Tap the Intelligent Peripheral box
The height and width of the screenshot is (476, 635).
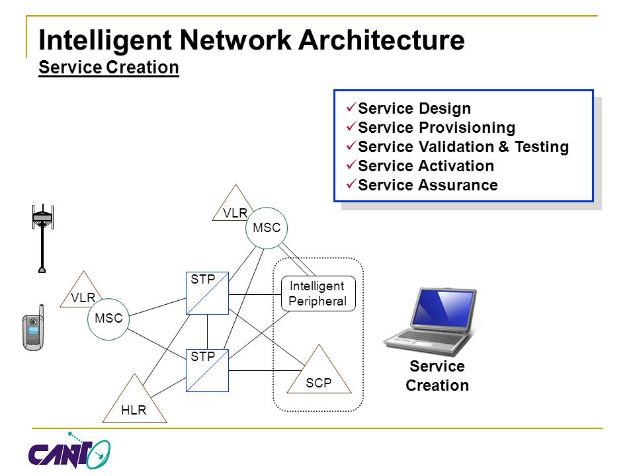pyautogui.click(x=318, y=294)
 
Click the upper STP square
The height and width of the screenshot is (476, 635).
pyautogui.click(x=207, y=294)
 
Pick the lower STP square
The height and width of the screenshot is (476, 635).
pyautogui.click(x=207, y=370)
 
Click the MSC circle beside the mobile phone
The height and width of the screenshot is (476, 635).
pyautogui.click(x=108, y=319)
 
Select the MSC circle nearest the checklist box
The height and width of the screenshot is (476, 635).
pyautogui.click(x=267, y=228)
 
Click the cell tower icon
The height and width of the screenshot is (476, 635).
pyautogui.click(x=42, y=239)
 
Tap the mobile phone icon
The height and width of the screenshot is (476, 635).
pyautogui.click(x=33, y=328)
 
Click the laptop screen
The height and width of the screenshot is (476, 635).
pyautogui.click(x=443, y=306)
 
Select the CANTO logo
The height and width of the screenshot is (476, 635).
pyautogui.click(x=69, y=450)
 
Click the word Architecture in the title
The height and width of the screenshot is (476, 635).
pyautogui.click(x=382, y=40)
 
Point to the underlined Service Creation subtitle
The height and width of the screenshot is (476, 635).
pyautogui.click(x=108, y=67)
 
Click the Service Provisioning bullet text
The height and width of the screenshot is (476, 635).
pyautogui.click(x=437, y=128)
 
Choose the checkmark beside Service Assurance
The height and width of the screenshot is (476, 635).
pyautogui.click(x=351, y=184)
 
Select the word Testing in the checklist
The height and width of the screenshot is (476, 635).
pyautogui.click(x=542, y=147)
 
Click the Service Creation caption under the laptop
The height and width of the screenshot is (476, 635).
pyautogui.click(x=437, y=376)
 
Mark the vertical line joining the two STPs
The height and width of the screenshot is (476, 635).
pyautogui.click(x=207, y=332)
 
